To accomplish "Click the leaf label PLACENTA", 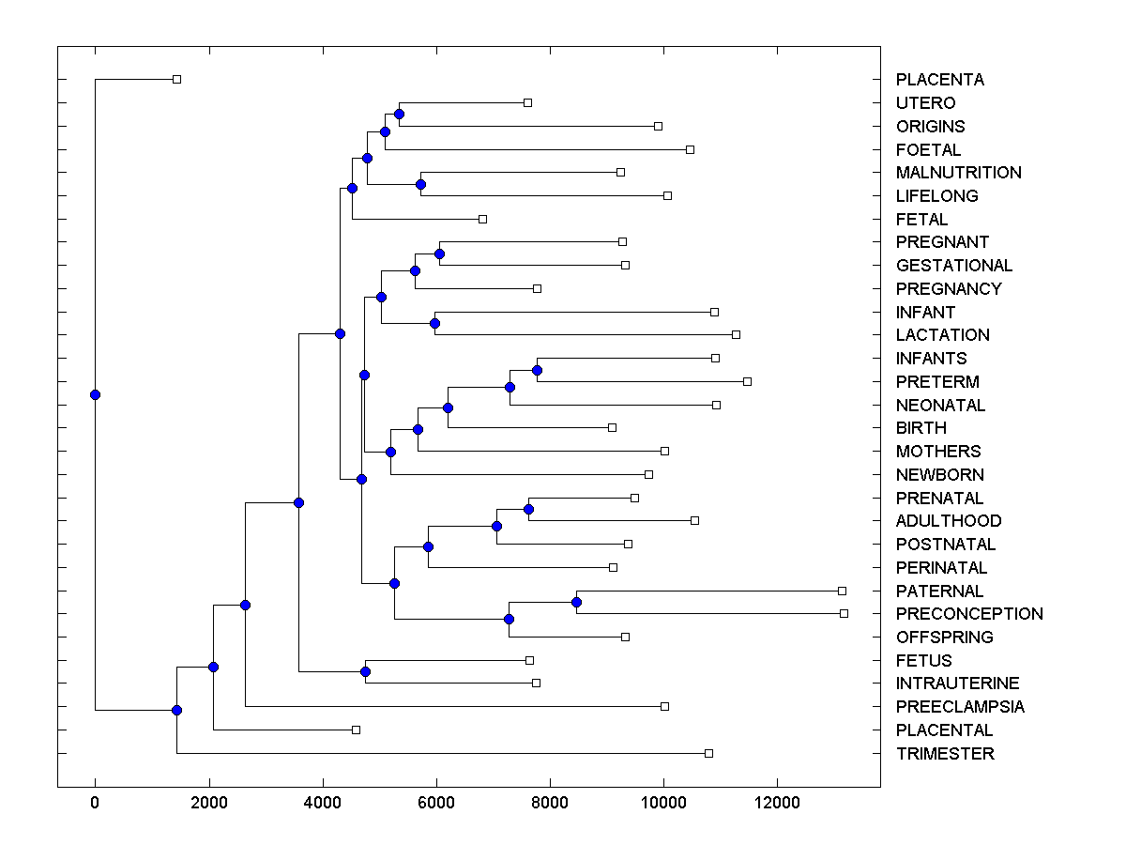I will (x=939, y=80).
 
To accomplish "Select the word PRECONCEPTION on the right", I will (x=969, y=614).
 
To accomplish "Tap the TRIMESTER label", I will (x=945, y=754).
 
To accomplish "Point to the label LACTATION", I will (x=942, y=335).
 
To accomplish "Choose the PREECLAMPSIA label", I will (x=960, y=707).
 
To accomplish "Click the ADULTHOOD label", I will (x=949, y=521).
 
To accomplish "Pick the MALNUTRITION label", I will (x=958, y=173).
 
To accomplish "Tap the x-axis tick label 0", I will (x=95, y=803).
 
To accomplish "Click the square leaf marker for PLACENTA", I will (x=176, y=79).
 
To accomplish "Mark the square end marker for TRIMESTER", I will (x=708, y=753).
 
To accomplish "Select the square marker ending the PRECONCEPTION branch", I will (x=844, y=613).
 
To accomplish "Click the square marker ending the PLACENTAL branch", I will (x=356, y=730).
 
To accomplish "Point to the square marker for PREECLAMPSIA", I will (x=664, y=706).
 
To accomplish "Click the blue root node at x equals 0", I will (x=95, y=394).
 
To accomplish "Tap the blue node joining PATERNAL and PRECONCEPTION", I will (x=576, y=602).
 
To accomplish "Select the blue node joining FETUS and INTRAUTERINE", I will (x=365, y=671).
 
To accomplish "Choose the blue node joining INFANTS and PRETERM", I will (x=537, y=370).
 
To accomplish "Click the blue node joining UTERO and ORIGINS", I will (x=399, y=114).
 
